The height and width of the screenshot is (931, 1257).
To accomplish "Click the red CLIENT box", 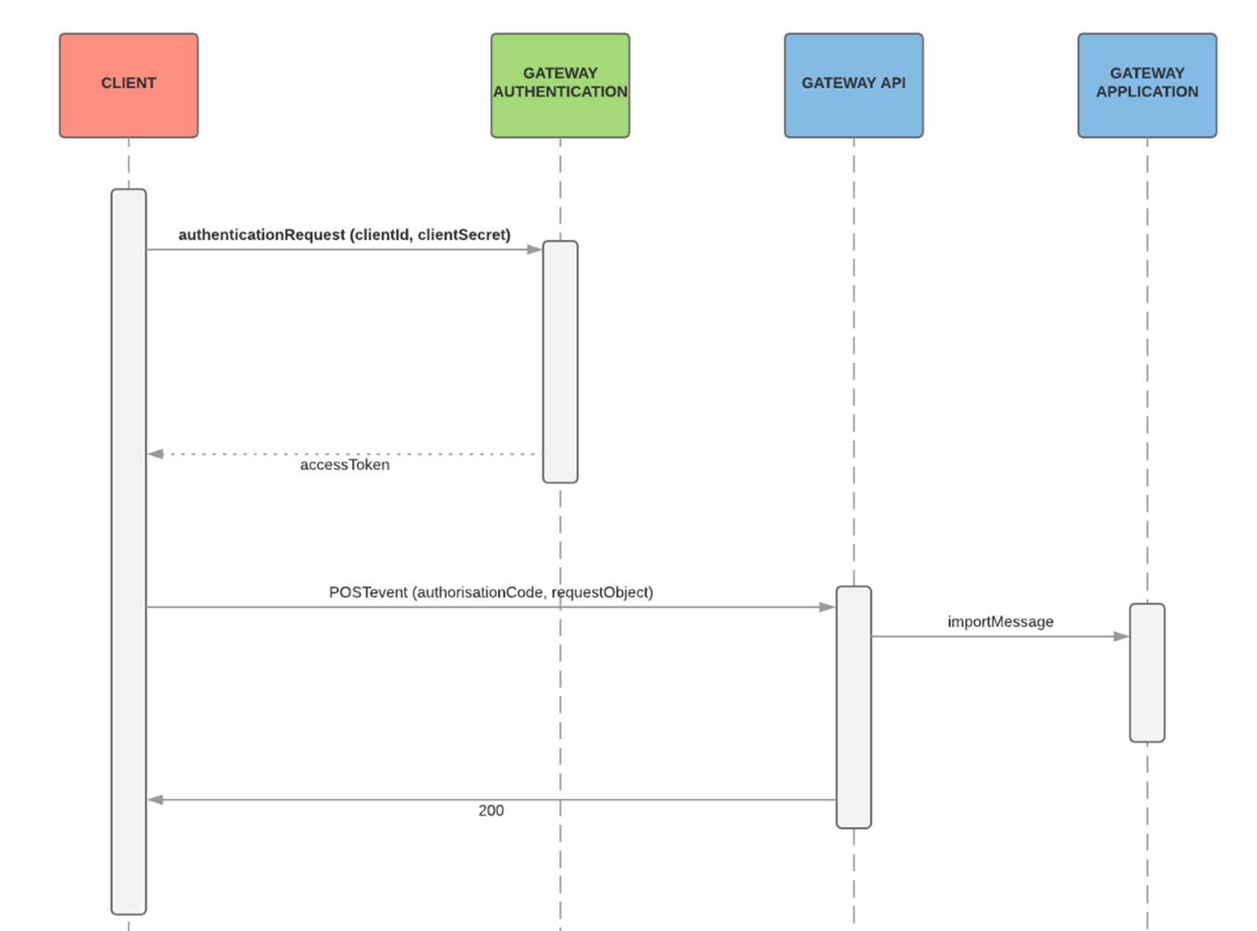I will coord(129,85).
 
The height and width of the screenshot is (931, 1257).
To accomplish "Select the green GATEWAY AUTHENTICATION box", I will coord(560,85).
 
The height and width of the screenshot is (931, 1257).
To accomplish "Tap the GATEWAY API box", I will coord(853,85).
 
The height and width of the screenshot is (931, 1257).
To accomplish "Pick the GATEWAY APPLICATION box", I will coord(1147,85).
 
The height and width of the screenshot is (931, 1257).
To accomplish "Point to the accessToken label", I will coord(344,465).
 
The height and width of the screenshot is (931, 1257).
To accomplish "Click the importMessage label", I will coord(1000,622).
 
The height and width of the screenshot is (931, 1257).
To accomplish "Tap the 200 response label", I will coord(491,810).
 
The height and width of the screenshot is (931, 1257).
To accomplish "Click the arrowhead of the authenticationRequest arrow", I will coord(535,249).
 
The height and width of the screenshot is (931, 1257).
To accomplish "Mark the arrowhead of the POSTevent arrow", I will coord(827,607).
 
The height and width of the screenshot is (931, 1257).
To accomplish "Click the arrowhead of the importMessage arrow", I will coord(1121,636).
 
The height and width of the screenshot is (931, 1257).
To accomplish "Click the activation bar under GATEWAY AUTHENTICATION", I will coord(560,362).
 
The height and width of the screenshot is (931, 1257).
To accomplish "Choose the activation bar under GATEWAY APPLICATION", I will coord(1147,673).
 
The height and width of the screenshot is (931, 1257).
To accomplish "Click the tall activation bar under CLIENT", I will coord(129,551).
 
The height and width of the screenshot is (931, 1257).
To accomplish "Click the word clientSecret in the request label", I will coord(464,235).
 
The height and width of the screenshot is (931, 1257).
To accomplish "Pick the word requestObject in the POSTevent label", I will coord(602,592).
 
